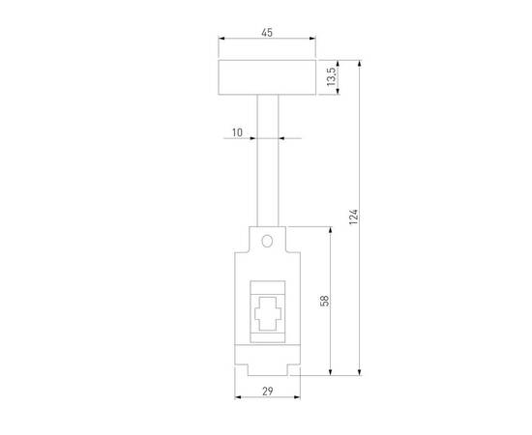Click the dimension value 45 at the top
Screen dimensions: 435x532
pyautogui.click(x=267, y=32)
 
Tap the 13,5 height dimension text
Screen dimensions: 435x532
pyautogui.click(x=330, y=77)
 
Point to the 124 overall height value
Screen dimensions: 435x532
pyautogui.click(x=354, y=217)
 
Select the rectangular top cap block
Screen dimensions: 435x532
pyautogui.click(x=267, y=77)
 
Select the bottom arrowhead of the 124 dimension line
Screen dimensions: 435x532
pyautogui.click(x=361, y=373)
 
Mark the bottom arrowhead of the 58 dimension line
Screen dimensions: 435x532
pyautogui.click(x=332, y=373)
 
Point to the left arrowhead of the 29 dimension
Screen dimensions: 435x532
pyautogui.click(x=237, y=398)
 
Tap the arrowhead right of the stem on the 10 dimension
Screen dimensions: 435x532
pyautogui.click(x=282, y=137)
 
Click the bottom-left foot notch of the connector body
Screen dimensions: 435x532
pyautogui.click(x=241, y=370)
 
